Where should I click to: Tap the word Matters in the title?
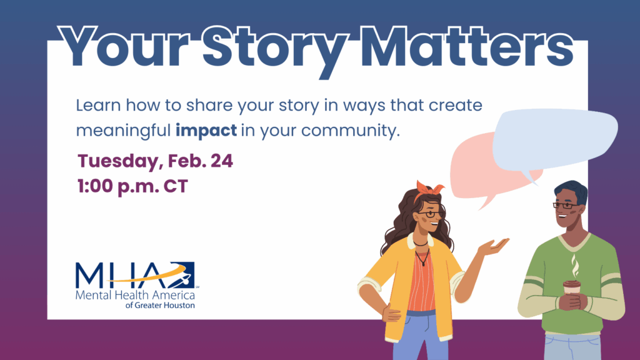point(467,46)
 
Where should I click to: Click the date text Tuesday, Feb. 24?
point(155,161)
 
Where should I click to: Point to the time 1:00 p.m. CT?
point(132,186)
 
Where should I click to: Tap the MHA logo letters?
point(135,275)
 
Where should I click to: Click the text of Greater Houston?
point(160,305)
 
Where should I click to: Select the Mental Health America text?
point(135,295)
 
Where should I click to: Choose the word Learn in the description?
point(98,105)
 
